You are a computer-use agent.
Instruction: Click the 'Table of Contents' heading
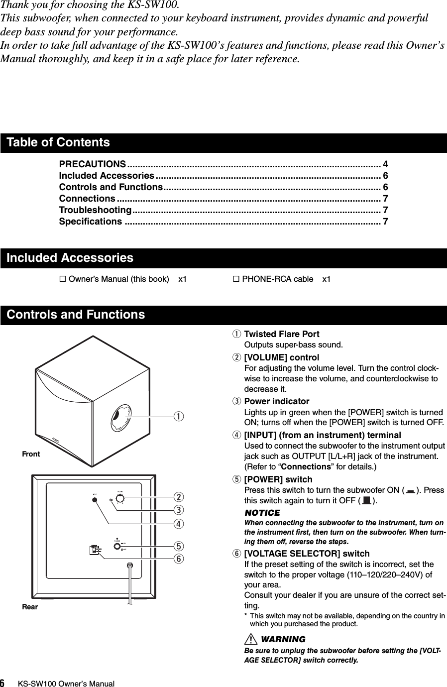[x=58, y=142]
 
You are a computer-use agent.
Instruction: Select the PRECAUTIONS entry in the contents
[x=92, y=164]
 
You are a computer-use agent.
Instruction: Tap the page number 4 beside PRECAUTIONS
[x=385, y=164]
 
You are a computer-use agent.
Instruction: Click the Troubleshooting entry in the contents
[x=95, y=210]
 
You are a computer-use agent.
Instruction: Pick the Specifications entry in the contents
[x=90, y=221]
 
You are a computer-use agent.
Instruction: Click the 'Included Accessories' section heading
[x=70, y=258]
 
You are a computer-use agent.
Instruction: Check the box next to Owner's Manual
[x=63, y=279]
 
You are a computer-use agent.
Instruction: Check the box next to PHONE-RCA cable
[x=236, y=279]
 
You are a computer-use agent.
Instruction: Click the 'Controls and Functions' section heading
[x=76, y=315]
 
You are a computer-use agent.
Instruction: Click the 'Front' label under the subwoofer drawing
[x=31, y=454]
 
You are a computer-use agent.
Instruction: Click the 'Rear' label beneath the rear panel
[x=30, y=607]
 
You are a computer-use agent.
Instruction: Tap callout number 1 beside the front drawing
[x=178, y=415]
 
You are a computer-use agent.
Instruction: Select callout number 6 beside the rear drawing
[x=178, y=558]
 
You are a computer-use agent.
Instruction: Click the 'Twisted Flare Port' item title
[x=281, y=334]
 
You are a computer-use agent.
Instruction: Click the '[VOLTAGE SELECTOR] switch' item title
[x=307, y=554]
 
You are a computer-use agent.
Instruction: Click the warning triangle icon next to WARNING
[x=250, y=639]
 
